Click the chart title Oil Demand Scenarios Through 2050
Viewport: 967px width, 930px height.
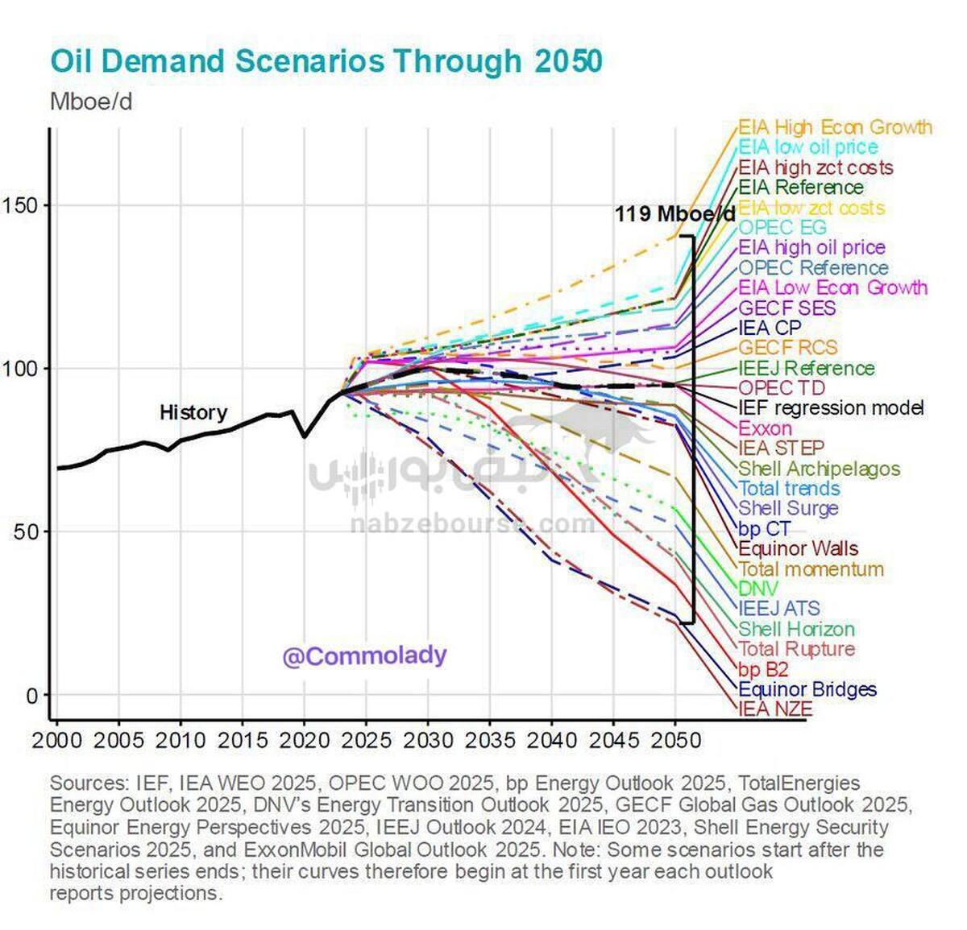(x=326, y=62)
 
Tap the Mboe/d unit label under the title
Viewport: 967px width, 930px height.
(x=91, y=102)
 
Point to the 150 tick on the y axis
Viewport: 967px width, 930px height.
(x=21, y=205)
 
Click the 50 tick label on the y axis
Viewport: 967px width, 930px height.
(x=27, y=531)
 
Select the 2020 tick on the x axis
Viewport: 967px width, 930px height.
(x=304, y=740)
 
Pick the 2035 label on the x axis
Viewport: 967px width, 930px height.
(x=489, y=740)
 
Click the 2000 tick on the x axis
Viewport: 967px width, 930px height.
(x=56, y=740)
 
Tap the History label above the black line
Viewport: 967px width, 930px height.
(x=193, y=412)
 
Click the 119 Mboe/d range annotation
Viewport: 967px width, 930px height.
(x=674, y=214)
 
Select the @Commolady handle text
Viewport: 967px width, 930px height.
(x=364, y=656)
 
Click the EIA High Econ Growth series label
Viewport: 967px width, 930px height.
(x=835, y=127)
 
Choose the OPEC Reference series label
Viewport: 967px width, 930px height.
(x=813, y=267)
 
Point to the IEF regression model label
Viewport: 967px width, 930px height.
(x=831, y=407)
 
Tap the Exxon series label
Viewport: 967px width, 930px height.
(x=765, y=428)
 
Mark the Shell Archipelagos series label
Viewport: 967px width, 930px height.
(x=819, y=468)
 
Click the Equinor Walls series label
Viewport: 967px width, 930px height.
(x=798, y=548)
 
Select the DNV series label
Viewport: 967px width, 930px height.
(x=758, y=589)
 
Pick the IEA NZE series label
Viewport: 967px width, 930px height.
(x=775, y=709)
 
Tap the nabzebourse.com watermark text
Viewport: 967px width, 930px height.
(x=472, y=525)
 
